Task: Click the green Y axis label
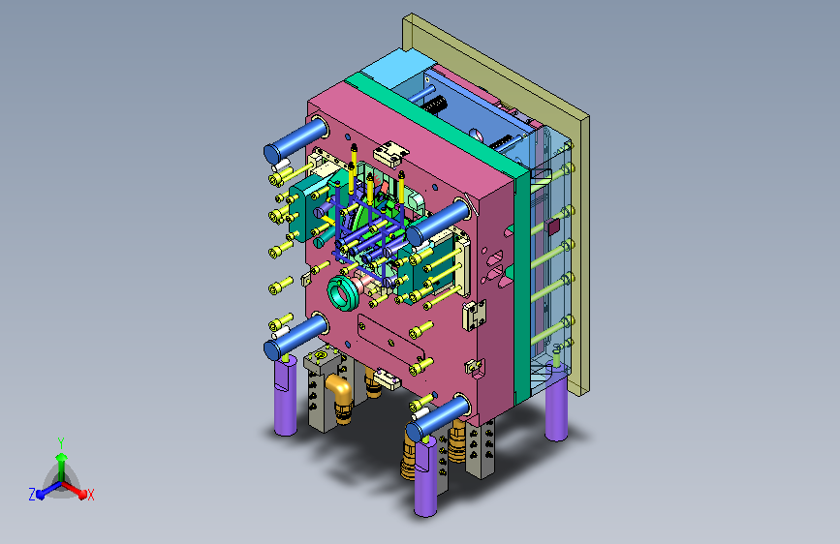[x=61, y=443]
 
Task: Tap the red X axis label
[x=90, y=495]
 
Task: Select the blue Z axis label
[x=32, y=495]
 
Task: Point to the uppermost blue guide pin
[x=296, y=139]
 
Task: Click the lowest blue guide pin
[x=438, y=418]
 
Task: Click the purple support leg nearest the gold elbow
[x=286, y=395]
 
